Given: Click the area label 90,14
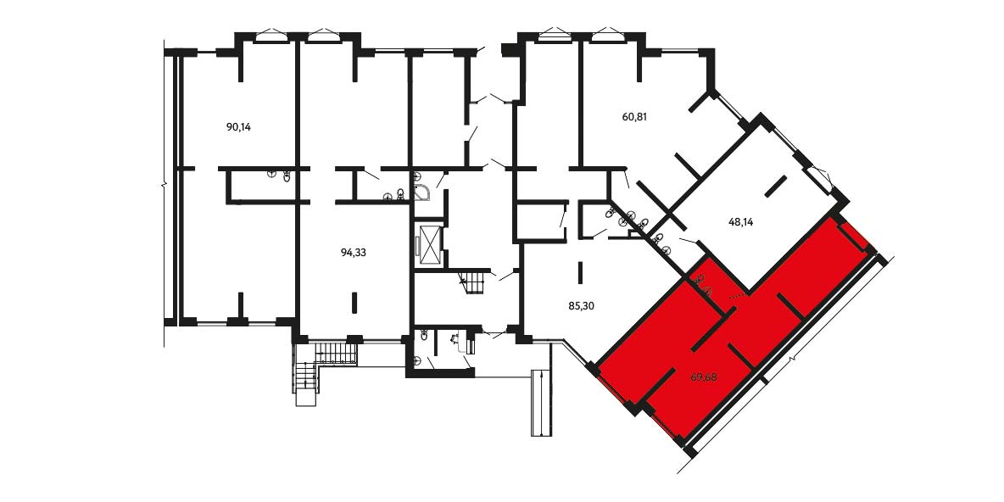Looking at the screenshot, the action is pos(239,127).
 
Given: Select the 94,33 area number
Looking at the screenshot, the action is pos(354,253).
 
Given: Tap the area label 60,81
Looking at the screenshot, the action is pos(635,117).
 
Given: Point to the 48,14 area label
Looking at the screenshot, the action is pos(741,223).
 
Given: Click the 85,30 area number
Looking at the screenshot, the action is pos(582,306).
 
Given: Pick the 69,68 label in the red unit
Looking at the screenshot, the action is pos(704,377).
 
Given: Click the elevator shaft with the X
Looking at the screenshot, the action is pos(428,243).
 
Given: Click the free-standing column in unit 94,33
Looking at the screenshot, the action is pos(354,302).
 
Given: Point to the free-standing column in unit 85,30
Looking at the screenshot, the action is pos(580,272).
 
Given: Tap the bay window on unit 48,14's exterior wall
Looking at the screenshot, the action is pos(822,173).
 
